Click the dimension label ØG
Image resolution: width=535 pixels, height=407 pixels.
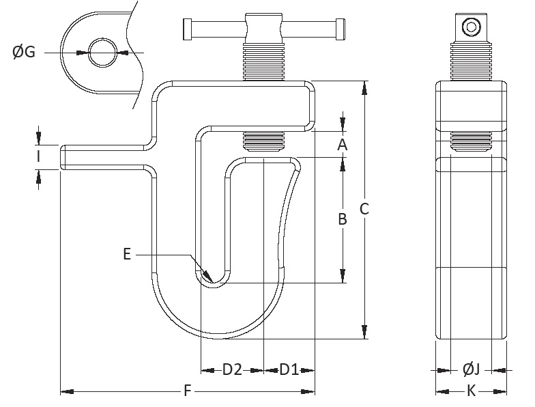click(24, 52)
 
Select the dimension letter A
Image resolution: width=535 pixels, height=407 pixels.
click(343, 144)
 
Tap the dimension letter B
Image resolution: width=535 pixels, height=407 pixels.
click(343, 219)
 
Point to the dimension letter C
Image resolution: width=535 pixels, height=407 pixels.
click(364, 209)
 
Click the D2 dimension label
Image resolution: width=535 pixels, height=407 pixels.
click(232, 370)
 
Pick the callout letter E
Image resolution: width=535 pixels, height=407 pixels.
click(128, 254)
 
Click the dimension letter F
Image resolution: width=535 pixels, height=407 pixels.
click(187, 391)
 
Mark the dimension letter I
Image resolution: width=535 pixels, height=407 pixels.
click(39, 157)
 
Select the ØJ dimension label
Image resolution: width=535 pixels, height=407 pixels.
click(472, 370)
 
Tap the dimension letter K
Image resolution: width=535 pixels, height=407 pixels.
click(472, 391)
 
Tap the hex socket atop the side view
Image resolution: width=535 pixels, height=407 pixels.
click(471, 27)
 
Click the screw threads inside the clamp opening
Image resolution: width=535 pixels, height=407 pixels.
click(263, 142)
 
